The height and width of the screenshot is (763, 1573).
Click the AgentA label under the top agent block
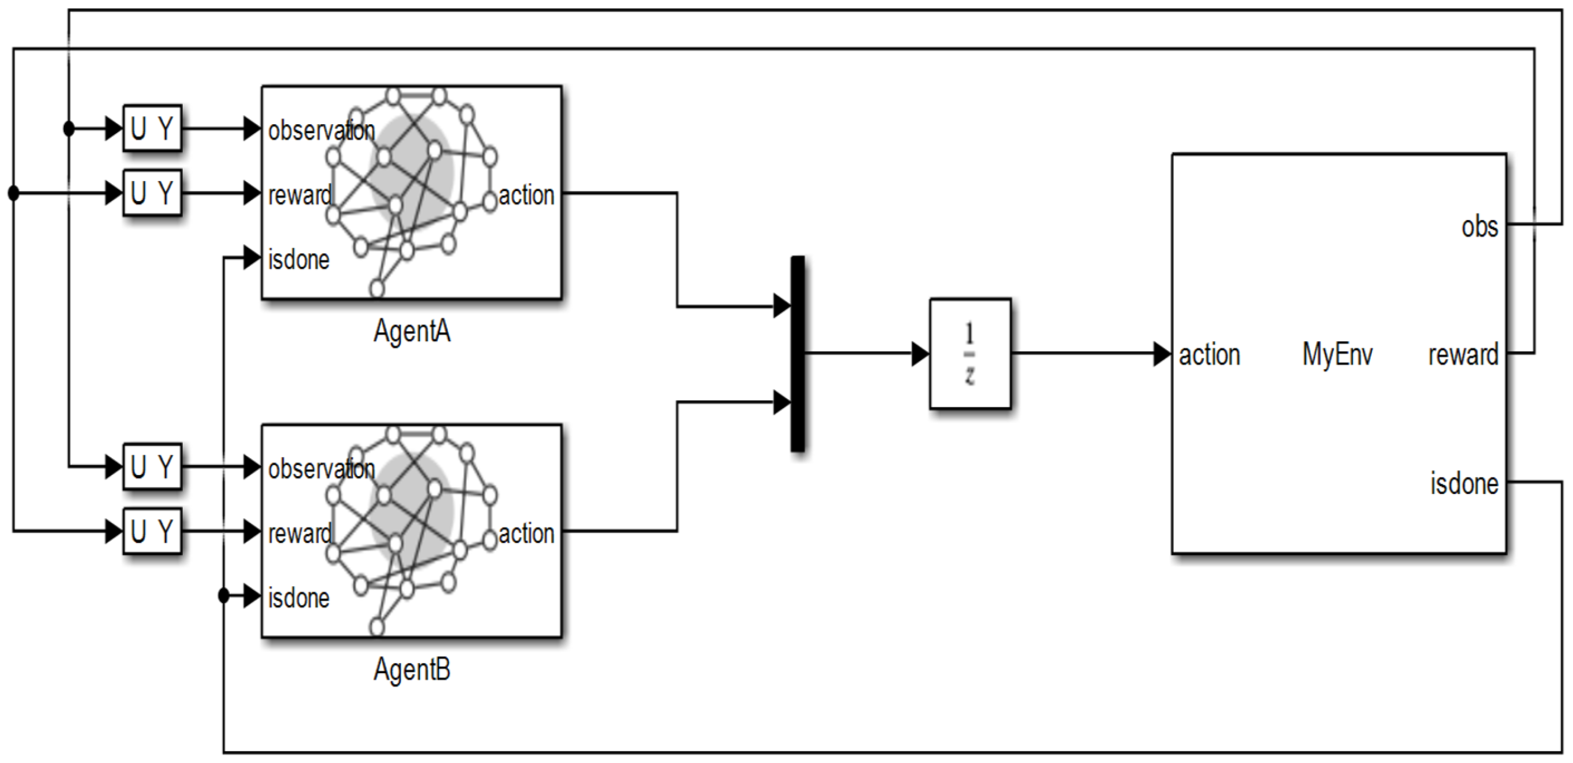coord(412,332)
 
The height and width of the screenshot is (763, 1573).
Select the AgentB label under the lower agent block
coord(412,670)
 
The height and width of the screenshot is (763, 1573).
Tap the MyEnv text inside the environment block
coord(1338,354)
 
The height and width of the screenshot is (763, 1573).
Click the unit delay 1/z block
coord(970,354)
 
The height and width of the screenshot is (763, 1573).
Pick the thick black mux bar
coord(797,354)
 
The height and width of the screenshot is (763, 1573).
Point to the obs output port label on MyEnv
coord(1480,227)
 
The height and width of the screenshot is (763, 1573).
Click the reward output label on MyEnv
coord(1463,354)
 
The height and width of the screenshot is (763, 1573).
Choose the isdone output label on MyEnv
coord(1464,483)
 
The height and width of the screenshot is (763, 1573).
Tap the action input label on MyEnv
coord(1209,355)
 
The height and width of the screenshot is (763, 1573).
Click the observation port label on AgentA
coord(322,130)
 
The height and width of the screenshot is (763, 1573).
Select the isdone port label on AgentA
coord(299,260)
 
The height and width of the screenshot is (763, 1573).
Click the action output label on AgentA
coord(527,195)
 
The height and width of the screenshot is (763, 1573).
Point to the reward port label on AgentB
coord(300,534)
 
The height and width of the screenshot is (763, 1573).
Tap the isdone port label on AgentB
coord(299,597)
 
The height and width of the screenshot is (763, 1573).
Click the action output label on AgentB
coord(527,534)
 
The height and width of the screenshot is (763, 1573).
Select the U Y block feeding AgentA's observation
coord(152,128)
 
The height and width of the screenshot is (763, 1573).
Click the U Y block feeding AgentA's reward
coord(152,193)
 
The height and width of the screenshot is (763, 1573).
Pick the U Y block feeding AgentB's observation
coord(152,467)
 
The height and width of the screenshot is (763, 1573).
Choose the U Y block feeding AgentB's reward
coord(152,532)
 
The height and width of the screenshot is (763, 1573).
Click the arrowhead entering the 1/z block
coord(920,354)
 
